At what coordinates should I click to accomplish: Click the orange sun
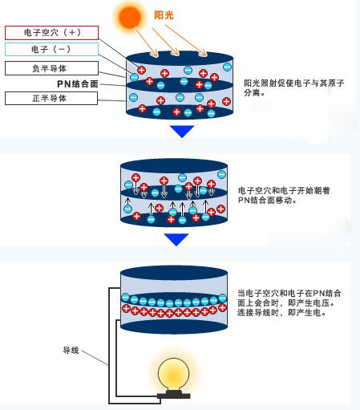tap(130, 17)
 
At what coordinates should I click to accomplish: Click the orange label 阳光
tap(164, 15)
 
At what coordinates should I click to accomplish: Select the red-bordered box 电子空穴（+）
tap(51, 33)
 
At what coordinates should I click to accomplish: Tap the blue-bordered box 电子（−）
tap(51, 49)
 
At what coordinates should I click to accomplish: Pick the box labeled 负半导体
tap(51, 68)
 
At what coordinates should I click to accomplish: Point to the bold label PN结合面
tap(78, 84)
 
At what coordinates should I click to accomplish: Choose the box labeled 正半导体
tap(51, 98)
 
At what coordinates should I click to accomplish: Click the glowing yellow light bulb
tap(173, 375)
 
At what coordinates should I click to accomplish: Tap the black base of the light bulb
tap(174, 395)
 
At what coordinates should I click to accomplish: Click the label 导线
tap(71, 350)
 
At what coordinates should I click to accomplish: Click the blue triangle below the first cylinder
tap(182, 132)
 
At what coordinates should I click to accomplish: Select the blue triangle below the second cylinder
tap(176, 239)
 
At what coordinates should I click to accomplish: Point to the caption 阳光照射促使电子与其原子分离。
tap(294, 87)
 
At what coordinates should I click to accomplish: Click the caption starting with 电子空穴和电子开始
tap(284, 195)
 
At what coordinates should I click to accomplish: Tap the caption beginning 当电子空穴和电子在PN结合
tap(289, 302)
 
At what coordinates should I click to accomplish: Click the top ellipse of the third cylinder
tap(174, 273)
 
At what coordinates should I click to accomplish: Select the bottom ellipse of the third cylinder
tap(174, 327)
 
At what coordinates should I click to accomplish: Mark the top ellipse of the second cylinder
tap(174, 165)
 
